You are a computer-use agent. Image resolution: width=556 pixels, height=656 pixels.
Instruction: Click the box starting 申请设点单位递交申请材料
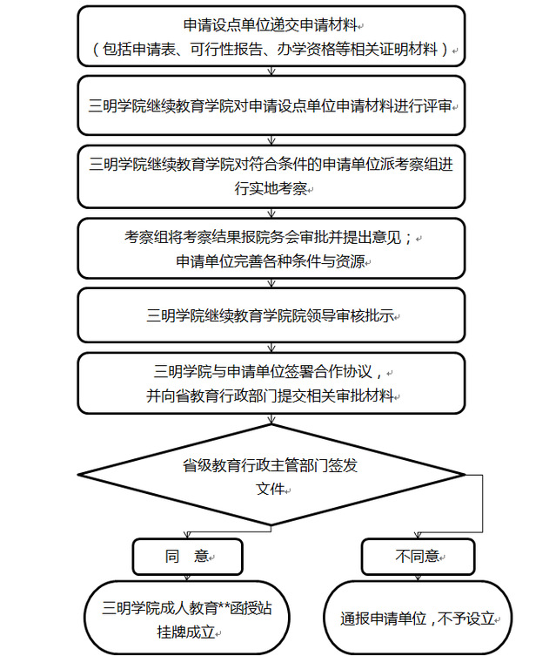click(x=271, y=36)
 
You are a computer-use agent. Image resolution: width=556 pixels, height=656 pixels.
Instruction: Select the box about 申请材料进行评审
click(x=271, y=105)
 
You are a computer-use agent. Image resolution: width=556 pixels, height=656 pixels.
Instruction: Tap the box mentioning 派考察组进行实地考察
click(x=271, y=177)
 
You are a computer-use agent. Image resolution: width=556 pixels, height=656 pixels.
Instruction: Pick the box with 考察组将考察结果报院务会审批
click(x=271, y=248)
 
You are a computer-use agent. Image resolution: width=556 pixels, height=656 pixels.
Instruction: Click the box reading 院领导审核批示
click(x=271, y=315)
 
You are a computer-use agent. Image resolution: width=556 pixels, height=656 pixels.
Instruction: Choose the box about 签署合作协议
click(x=271, y=383)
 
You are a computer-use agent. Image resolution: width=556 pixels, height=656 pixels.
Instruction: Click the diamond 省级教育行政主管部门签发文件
click(x=271, y=475)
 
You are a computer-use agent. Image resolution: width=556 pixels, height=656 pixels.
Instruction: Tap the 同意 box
click(x=188, y=557)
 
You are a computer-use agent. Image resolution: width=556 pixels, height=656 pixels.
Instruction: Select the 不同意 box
click(x=418, y=557)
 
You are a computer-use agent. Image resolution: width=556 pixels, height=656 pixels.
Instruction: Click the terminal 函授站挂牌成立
click(x=187, y=618)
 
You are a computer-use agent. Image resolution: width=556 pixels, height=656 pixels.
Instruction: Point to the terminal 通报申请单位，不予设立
click(x=418, y=618)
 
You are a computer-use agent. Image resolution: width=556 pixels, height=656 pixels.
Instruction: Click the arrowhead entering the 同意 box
click(x=187, y=535)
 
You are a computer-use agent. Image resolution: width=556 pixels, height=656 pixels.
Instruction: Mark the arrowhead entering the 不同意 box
click(x=418, y=535)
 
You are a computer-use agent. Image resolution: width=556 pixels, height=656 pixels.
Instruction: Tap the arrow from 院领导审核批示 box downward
click(x=271, y=348)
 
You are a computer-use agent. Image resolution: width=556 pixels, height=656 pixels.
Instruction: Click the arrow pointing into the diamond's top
click(x=271, y=419)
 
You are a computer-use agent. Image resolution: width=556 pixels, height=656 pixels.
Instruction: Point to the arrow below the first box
click(x=271, y=71)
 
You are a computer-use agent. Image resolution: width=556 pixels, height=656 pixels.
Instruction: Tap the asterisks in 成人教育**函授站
click(x=224, y=605)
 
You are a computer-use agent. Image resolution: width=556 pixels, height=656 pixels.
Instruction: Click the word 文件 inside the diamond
click(x=271, y=489)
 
